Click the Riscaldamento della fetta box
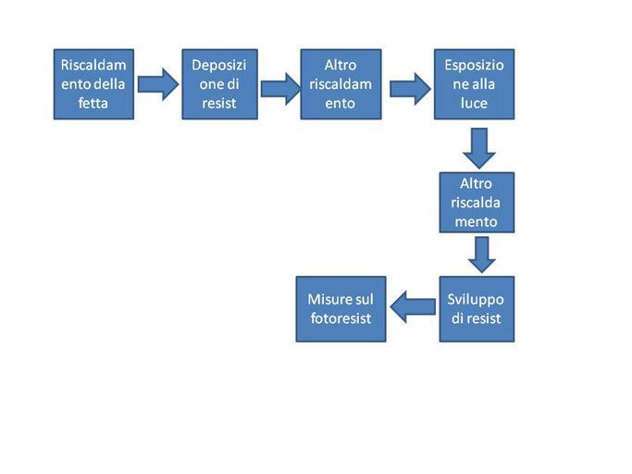[93, 83]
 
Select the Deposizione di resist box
[220, 83]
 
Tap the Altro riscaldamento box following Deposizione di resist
[341, 83]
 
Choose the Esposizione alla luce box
[474, 83]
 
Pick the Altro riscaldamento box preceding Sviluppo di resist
[477, 202]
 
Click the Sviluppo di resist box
[476, 308]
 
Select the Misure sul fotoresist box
[341, 308]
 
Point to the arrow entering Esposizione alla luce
[409, 88]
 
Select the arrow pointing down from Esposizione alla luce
[478, 145]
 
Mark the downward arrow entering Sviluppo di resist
[480, 254]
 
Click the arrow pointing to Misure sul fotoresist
[413, 306]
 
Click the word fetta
[93, 103]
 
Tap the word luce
[474, 104]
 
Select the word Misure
[328, 299]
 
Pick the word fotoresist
[340, 318]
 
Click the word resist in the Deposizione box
[219, 104]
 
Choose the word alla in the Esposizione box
[487, 84]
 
